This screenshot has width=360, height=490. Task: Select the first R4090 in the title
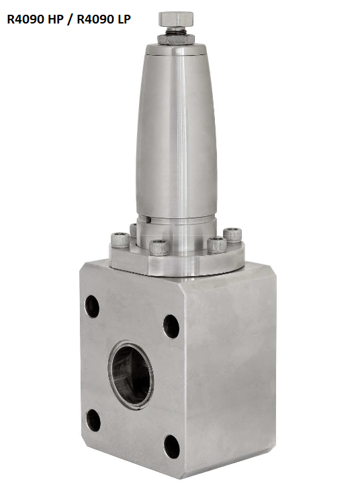(26, 19)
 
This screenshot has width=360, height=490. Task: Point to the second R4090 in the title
(95, 19)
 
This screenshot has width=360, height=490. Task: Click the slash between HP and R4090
(70, 19)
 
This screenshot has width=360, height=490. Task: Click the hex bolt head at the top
(176, 19)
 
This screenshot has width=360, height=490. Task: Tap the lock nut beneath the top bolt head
(176, 39)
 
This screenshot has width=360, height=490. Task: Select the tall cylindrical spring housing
(176, 132)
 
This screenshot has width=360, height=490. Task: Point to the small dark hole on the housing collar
(148, 220)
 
